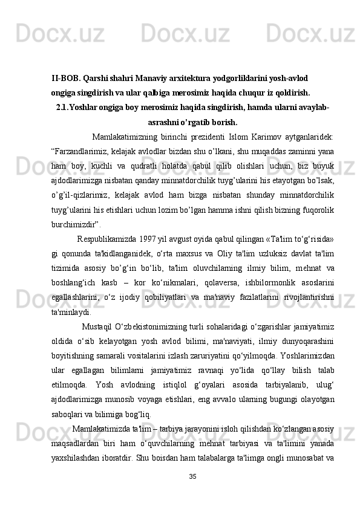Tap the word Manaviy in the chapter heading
[153, 79]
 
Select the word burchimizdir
[73, 223]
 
